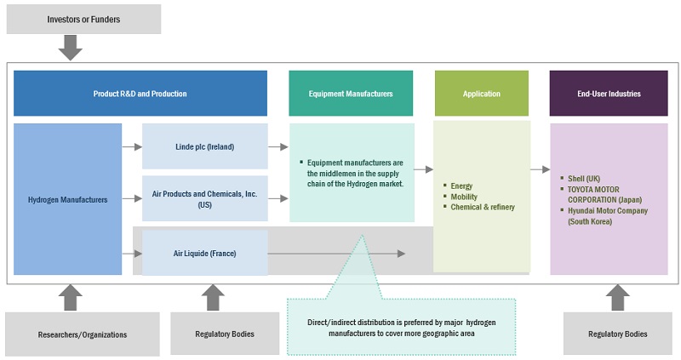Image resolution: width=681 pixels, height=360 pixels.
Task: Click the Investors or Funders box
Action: point(83,19)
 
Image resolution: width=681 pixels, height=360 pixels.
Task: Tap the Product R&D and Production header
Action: point(140,94)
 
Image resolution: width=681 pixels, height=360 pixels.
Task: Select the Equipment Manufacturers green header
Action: point(351,94)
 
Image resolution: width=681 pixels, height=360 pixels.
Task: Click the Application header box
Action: point(481,94)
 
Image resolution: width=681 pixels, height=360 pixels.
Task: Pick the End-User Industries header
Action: point(608,94)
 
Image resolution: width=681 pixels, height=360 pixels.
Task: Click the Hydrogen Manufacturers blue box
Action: point(68,199)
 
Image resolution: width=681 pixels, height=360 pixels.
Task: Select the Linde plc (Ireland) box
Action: point(205,146)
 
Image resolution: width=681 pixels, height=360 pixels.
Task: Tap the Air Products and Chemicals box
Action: point(205,198)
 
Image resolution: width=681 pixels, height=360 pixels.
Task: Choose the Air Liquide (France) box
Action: point(205,253)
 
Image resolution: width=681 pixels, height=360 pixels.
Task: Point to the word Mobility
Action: point(464,197)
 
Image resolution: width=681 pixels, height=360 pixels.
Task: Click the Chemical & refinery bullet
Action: point(483,207)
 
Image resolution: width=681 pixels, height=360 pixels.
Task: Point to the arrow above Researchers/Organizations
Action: point(72,297)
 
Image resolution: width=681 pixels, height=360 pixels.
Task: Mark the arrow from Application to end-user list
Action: point(540,169)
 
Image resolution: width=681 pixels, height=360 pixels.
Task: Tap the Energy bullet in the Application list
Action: point(462,186)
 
